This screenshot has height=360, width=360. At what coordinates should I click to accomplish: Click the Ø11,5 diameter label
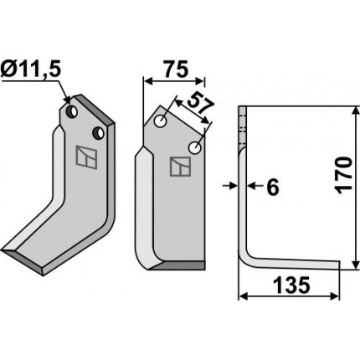[30, 69]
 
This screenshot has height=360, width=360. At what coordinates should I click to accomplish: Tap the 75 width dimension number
[175, 69]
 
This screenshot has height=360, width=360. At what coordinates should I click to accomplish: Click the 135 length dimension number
[291, 285]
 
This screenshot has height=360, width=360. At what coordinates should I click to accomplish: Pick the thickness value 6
[273, 187]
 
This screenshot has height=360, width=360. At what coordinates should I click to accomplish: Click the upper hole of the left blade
[71, 111]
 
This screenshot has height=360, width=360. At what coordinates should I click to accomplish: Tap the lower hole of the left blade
[99, 133]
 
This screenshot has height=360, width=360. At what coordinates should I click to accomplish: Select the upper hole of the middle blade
[161, 121]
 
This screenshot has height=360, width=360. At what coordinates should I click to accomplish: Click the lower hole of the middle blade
[195, 147]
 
